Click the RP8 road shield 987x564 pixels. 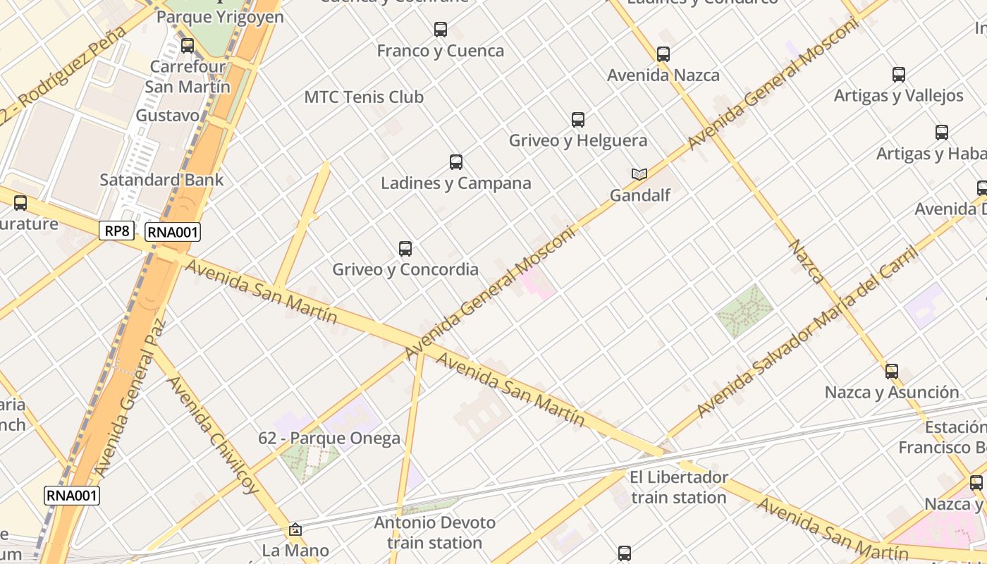116,231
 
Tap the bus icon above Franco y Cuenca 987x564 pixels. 441,30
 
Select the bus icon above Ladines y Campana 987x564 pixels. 456,162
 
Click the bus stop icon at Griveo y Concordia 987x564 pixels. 405,249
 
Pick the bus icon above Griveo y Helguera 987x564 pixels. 578,120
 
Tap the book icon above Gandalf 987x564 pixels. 639,174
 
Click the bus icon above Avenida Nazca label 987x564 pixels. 663,54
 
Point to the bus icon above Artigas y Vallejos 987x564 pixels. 899,75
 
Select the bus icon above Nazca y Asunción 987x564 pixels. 892,372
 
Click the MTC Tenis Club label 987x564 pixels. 364,97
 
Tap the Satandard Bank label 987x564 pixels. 161,180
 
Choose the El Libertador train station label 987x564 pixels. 678,487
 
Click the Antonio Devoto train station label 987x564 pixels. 435,533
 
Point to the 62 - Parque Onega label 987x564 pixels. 329,438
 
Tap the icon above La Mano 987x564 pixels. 295,529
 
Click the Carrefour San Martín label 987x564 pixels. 188,77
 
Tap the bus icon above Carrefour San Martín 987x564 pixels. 188,46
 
